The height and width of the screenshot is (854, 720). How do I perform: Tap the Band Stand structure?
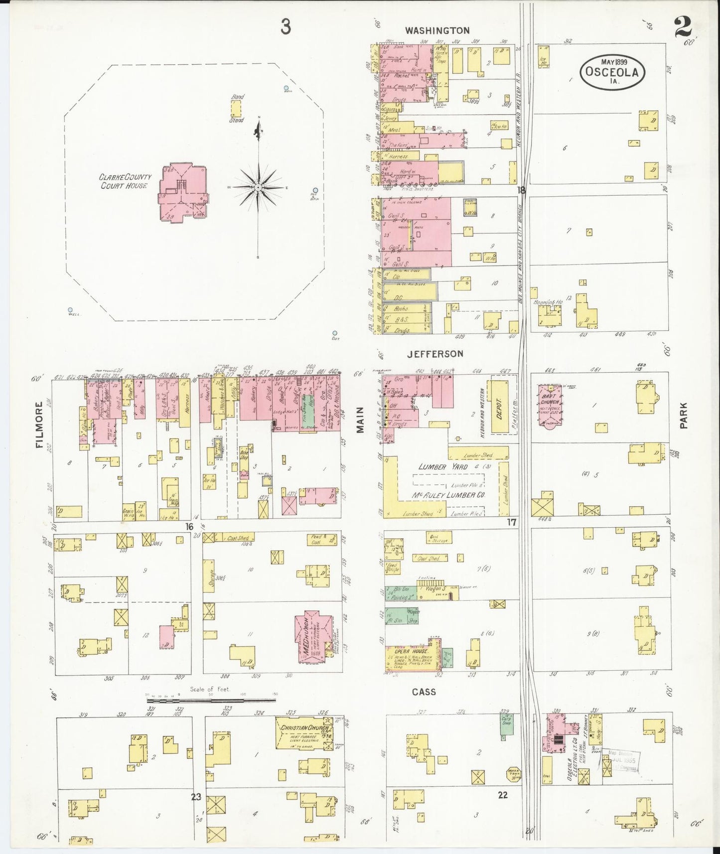coord(236,109)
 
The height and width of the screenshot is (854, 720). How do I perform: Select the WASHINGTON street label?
coord(437,30)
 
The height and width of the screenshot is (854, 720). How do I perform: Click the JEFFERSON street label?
coord(435,354)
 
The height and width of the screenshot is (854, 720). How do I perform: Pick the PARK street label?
coord(684,416)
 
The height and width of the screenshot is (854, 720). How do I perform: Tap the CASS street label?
coord(424,692)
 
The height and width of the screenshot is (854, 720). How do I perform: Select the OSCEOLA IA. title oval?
coord(612,71)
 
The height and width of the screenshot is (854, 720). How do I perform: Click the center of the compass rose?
coord(258,187)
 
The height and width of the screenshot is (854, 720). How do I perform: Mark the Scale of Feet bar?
coord(211,700)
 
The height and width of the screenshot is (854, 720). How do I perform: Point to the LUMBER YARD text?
coord(443,467)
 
